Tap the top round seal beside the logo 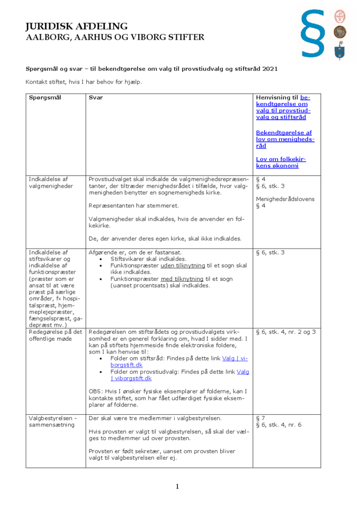click(339, 16)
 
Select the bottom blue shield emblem click(339, 51)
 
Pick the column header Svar click(96, 98)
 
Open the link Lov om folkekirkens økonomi click(281, 162)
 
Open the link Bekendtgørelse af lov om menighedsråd click(284, 139)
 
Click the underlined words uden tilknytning click(182, 265)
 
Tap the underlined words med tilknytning click(182, 279)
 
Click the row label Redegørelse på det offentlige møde click(56, 335)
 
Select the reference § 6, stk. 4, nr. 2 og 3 click(286, 332)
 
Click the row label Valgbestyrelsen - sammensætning click(53, 421)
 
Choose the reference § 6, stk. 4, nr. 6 click(279, 425)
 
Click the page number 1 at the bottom click(177, 486)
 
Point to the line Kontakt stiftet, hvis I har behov click(84, 82)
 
